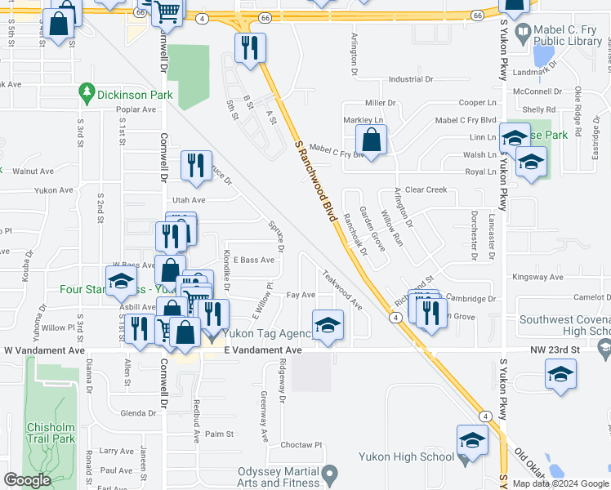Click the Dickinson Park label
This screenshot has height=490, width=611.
coord(134,95)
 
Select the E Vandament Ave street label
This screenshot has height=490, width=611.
coord(263,350)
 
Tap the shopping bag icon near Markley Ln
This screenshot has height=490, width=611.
coord(372,140)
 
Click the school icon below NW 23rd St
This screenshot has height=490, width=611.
coord(560,375)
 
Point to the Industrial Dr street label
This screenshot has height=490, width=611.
coord(410,79)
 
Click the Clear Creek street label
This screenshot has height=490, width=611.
coord(426,189)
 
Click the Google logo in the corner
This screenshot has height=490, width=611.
coord(27,480)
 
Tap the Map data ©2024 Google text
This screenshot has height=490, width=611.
coord(560,483)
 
